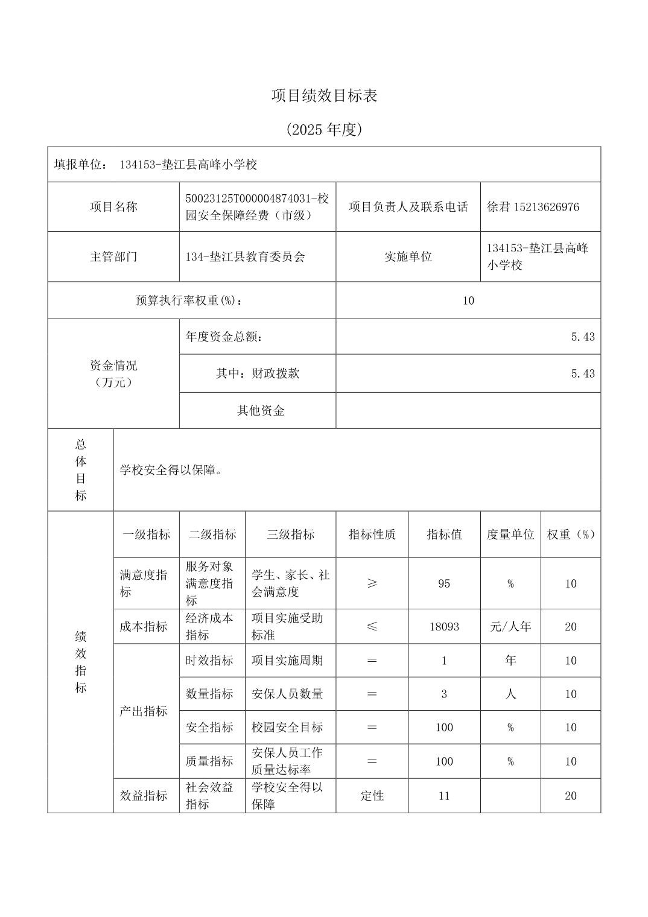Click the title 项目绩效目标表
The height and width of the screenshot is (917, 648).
(x=324, y=95)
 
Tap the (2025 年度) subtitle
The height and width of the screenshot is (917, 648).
(x=324, y=129)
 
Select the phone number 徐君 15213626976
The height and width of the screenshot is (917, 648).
(x=533, y=207)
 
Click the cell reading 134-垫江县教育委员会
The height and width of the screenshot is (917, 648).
(x=245, y=256)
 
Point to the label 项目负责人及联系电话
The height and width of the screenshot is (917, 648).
(x=408, y=207)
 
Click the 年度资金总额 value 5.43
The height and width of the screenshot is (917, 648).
(x=582, y=337)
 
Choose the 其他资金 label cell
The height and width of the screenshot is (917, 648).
(x=260, y=411)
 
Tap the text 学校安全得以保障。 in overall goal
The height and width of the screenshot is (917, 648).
(x=171, y=470)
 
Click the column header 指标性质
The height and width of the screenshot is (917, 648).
(x=372, y=535)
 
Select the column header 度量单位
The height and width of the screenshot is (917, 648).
(x=510, y=535)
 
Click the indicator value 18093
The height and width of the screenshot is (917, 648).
(x=444, y=627)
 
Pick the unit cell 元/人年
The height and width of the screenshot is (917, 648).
(x=510, y=627)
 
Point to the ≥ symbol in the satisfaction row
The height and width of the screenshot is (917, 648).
(x=372, y=583)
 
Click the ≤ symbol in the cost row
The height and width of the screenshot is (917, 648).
(x=372, y=627)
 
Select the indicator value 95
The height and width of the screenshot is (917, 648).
(x=444, y=583)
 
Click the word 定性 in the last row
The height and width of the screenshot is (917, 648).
(x=372, y=796)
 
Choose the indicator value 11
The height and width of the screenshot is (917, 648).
(x=444, y=796)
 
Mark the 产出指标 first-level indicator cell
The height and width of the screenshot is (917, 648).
(x=143, y=711)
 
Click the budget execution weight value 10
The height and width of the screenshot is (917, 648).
(x=468, y=300)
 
